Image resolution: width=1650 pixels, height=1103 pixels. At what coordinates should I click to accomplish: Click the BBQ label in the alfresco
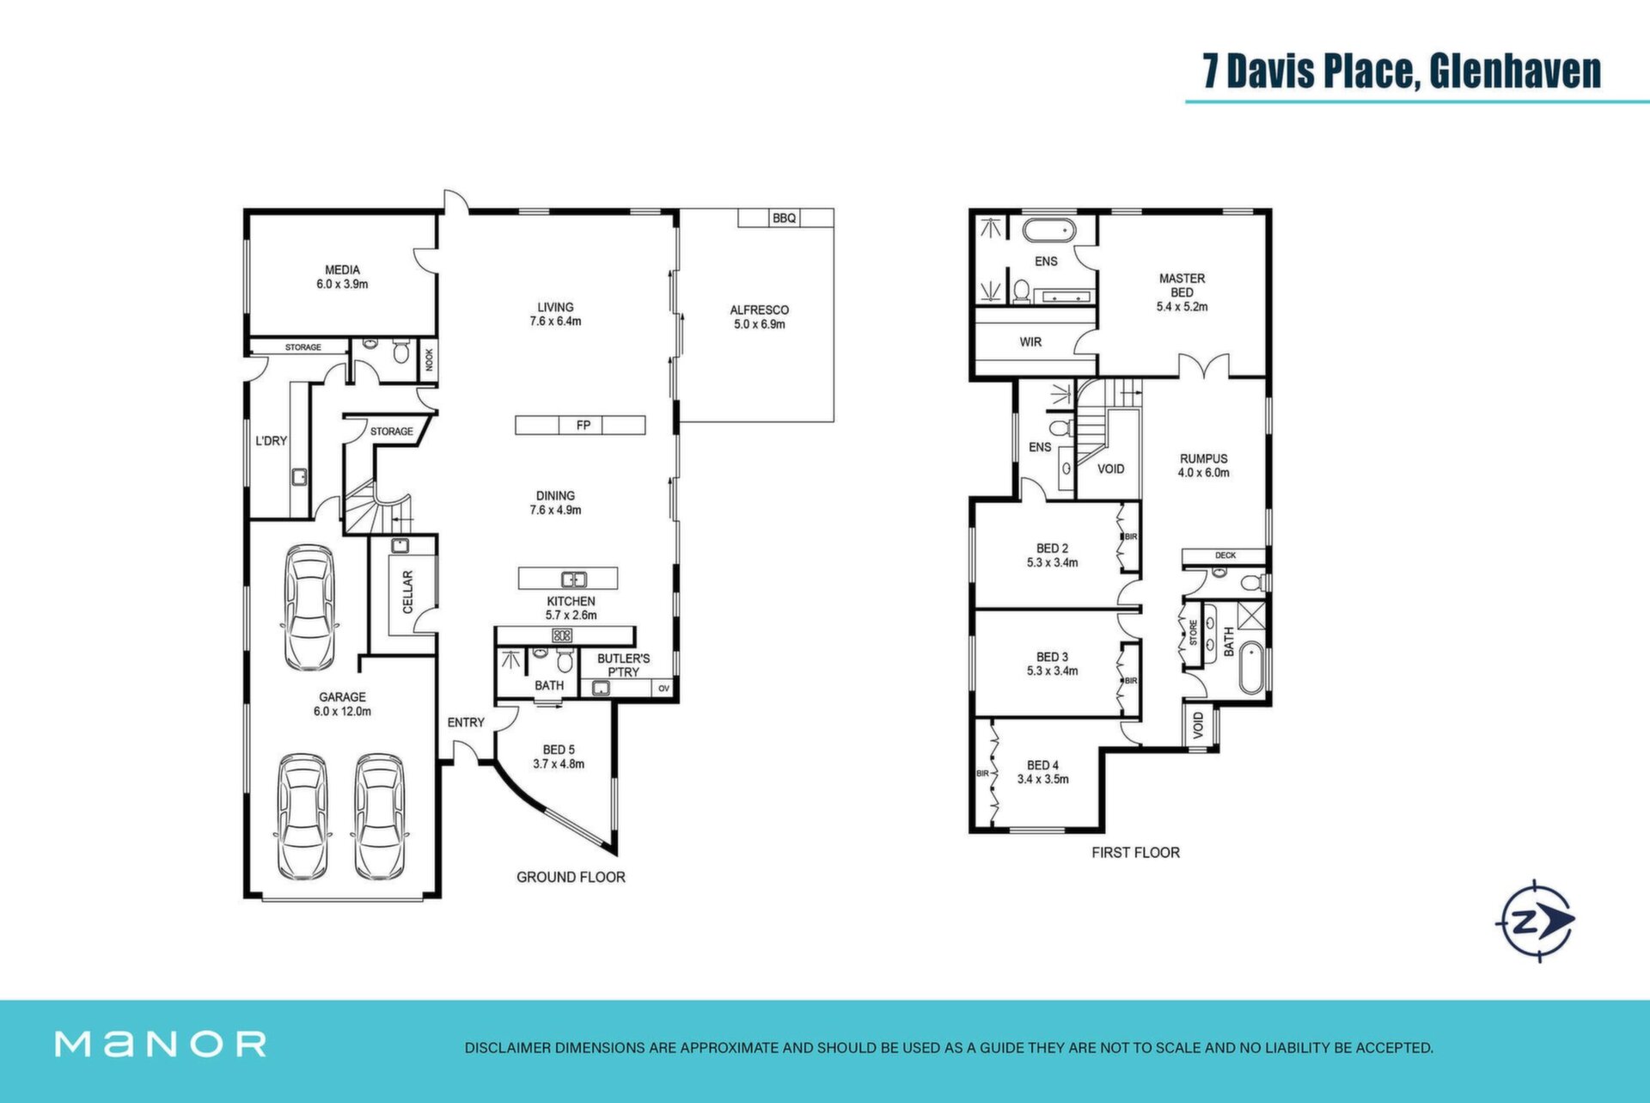pos(784,218)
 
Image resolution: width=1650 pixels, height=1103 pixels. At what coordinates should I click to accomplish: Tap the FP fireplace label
pos(584,425)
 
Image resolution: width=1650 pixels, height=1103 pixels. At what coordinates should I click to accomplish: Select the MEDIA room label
pos(342,270)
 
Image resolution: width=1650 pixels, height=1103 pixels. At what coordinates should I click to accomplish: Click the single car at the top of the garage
pos(309,607)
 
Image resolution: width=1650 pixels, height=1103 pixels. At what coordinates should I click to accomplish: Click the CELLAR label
pos(408,591)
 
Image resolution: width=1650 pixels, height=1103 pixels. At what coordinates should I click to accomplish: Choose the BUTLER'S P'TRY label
pos(623,665)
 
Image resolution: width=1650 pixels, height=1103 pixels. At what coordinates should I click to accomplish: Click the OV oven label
pos(663,689)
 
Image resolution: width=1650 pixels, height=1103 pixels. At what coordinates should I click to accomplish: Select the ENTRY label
pos(466,723)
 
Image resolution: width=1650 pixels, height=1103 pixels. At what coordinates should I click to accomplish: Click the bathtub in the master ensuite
pos(1048,231)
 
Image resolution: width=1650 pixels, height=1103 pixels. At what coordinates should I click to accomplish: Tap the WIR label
pos(1030,342)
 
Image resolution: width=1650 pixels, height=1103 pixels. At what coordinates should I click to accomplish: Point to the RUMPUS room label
pos(1203,459)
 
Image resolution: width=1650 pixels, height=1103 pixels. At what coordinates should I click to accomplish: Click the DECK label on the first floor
pos(1225,555)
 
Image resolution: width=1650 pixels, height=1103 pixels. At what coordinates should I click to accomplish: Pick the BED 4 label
pos(1042,765)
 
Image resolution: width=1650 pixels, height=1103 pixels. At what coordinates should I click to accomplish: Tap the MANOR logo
pos(161,1044)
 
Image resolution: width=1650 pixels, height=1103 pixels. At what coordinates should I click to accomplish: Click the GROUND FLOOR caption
pos(571,877)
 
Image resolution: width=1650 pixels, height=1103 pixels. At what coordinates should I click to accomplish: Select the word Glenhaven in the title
pos(1515,70)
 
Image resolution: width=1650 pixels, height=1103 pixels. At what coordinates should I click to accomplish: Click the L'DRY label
pos(271,441)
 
